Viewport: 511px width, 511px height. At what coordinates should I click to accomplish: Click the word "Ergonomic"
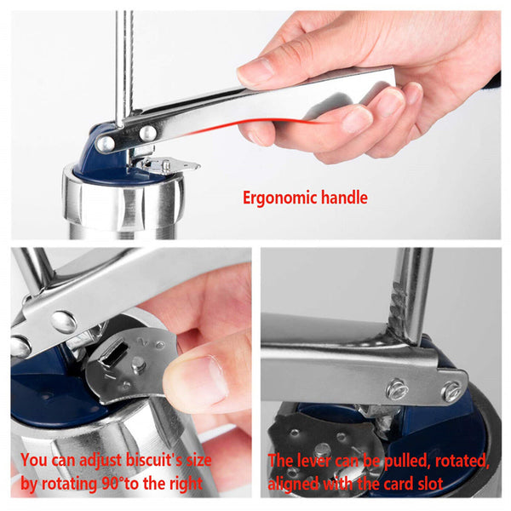tap(280, 198)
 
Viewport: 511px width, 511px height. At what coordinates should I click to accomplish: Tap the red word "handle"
tap(344, 197)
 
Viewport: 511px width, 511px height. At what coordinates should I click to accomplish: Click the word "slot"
tap(429, 484)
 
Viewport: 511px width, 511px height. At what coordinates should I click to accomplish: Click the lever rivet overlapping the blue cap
tap(106, 143)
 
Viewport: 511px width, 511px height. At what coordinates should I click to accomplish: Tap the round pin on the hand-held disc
tap(139, 364)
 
